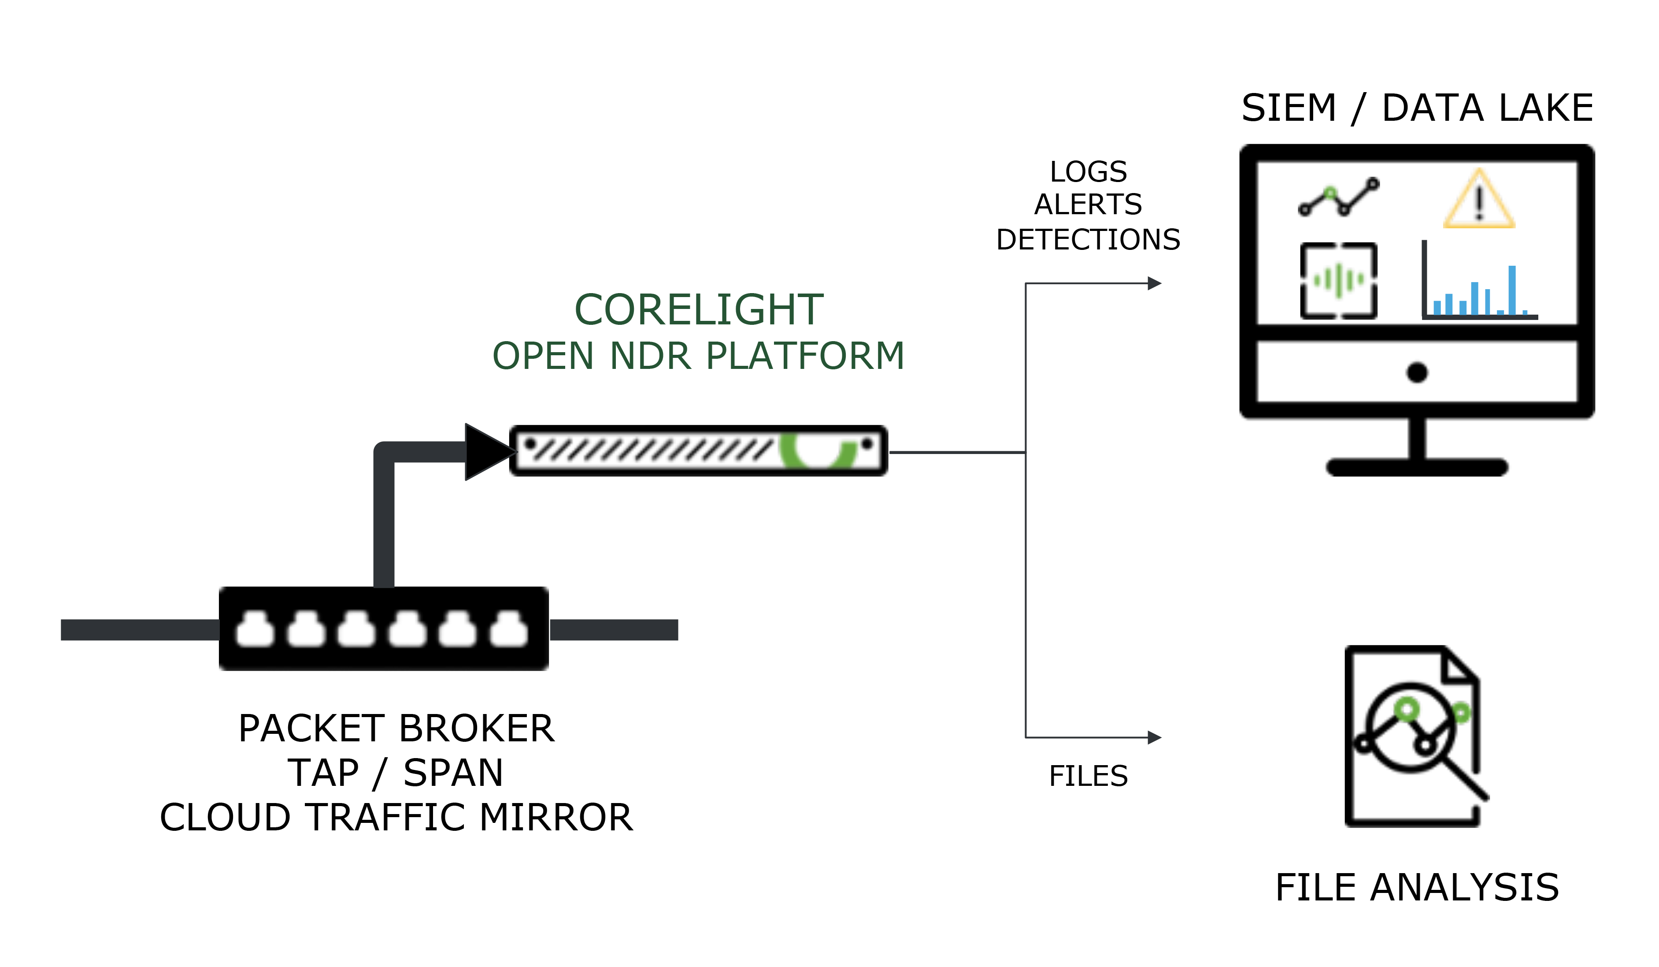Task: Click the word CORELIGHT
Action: pos(699,309)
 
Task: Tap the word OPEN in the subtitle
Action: pos(542,357)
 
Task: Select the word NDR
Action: pos(651,357)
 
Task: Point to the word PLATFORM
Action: pos(804,357)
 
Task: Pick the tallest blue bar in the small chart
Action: pos(1512,290)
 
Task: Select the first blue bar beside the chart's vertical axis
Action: pos(1437,308)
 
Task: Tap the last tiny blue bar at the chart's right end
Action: pos(1525,312)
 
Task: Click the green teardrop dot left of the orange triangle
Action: pos(1330,192)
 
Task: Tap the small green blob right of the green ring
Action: pos(1462,713)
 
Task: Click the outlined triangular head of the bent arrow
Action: pos(487,452)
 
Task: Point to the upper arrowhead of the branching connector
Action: pos(1154,283)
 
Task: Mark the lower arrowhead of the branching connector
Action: pos(1154,738)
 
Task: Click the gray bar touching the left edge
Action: pos(140,630)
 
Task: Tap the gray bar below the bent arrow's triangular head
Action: pos(614,630)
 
